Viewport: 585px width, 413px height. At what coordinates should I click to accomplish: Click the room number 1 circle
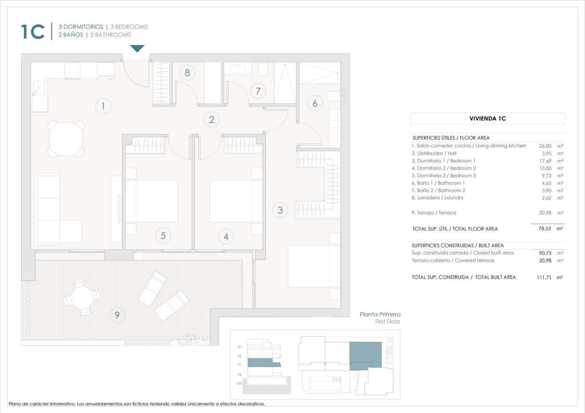(x=103, y=106)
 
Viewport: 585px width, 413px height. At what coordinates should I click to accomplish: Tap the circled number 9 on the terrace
(x=117, y=315)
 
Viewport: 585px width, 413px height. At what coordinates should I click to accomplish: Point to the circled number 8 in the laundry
(x=187, y=73)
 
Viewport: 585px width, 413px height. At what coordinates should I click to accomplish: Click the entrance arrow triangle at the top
(x=138, y=49)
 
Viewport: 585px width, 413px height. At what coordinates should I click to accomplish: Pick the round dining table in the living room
(x=67, y=139)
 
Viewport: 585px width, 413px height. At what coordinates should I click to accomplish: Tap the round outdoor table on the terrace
(x=82, y=297)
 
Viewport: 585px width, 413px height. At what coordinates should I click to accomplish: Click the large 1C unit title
(x=32, y=31)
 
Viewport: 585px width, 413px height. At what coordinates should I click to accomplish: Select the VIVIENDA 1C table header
(x=487, y=119)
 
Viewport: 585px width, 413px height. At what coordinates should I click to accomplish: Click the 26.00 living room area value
(x=545, y=146)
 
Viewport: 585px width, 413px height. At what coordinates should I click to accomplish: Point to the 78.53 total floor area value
(x=544, y=229)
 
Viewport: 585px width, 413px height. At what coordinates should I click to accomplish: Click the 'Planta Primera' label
(x=380, y=314)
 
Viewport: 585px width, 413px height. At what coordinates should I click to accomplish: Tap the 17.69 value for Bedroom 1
(x=545, y=161)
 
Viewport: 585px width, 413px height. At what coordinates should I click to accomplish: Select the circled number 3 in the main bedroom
(x=280, y=210)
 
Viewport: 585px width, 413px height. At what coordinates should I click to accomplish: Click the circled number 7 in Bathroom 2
(x=258, y=91)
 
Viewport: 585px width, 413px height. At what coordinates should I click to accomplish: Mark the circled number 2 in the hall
(x=212, y=120)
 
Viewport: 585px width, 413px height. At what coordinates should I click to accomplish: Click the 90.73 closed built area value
(x=544, y=253)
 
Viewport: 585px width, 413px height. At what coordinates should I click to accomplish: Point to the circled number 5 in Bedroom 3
(x=162, y=235)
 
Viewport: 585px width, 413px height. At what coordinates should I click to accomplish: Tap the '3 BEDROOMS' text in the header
(x=129, y=27)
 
